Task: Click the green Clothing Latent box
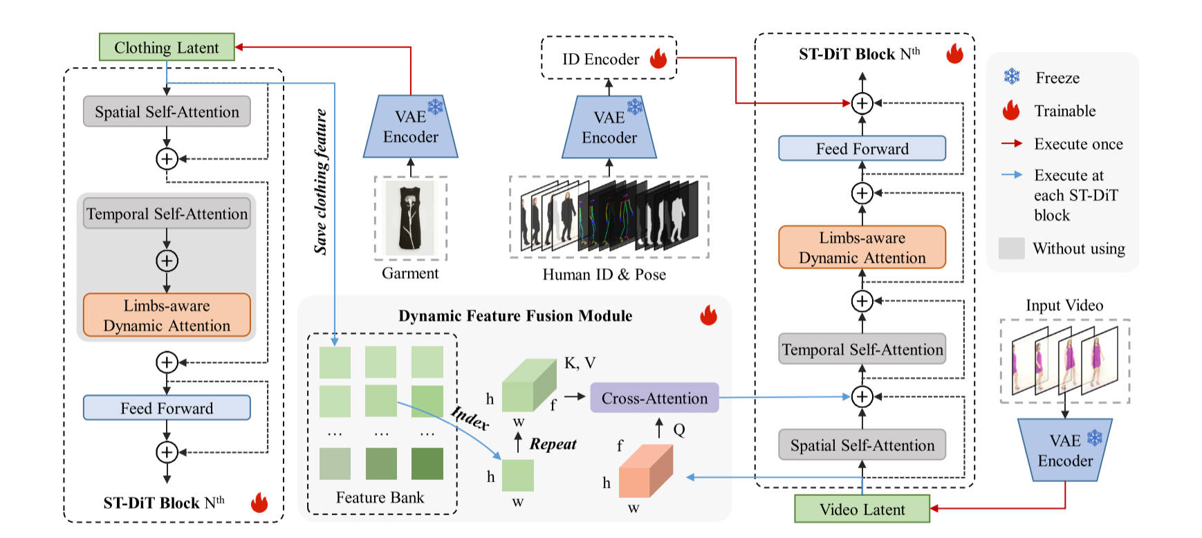coord(167,47)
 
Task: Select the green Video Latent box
coord(862,509)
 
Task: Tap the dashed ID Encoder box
coord(608,58)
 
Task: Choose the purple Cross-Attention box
coord(654,398)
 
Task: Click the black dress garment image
coord(411,217)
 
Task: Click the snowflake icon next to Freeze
coord(1012,77)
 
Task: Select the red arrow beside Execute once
coord(1012,144)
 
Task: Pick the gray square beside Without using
coord(1011,248)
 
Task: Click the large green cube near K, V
coord(528,385)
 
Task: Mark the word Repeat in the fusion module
coord(553,444)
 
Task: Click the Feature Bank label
coord(380,497)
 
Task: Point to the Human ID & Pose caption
coord(604,275)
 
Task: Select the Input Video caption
coord(1064,305)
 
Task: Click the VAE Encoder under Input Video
coord(1065,450)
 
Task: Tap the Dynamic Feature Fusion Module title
coord(515,316)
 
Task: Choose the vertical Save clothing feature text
coord(321,181)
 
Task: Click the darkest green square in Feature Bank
coord(427,463)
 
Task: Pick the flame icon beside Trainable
coord(1011,111)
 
